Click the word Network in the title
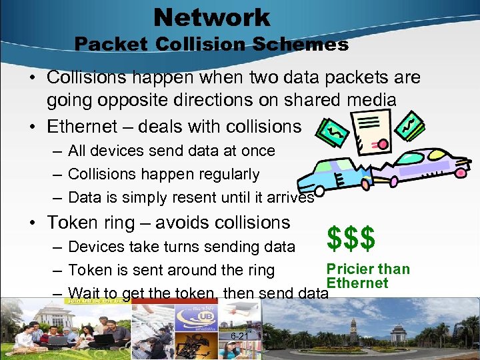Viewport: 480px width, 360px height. pos(211,17)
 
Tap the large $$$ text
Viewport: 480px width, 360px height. pos(351,237)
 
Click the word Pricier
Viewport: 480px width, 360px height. pos(351,269)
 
